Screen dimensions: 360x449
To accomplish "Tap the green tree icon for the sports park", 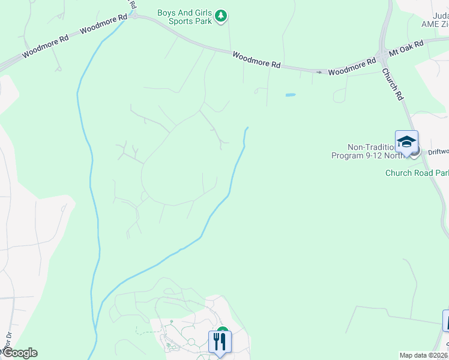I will pyautogui.click(x=221, y=16).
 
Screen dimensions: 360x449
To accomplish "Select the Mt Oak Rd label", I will pyautogui.click(x=406, y=47).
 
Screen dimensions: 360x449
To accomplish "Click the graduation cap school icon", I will pyautogui.click(x=406, y=142).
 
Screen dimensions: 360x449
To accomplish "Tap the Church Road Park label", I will pyautogui.click(x=417, y=173).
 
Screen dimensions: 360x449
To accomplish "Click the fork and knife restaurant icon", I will pyautogui.click(x=219, y=342).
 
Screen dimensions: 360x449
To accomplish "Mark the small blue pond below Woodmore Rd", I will pyautogui.click(x=291, y=95).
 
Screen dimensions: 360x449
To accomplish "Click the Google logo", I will pyautogui.click(x=19, y=353).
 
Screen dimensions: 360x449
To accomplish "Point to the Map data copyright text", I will pyautogui.click(x=423, y=355).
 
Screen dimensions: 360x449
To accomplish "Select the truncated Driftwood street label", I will pyautogui.click(x=438, y=152).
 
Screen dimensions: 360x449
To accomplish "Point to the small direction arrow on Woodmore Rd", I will pyautogui.click(x=319, y=72).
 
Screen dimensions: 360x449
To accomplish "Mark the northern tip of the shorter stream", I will pyautogui.click(x=247, y=128).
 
